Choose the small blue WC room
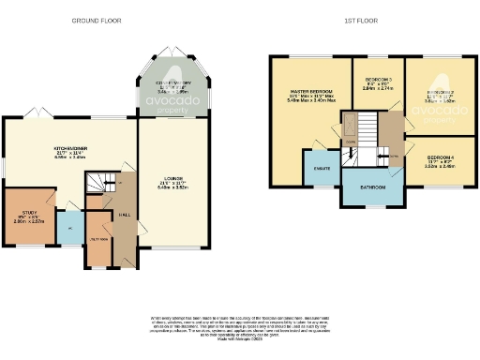69,226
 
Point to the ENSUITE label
321,168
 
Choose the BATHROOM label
374,187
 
